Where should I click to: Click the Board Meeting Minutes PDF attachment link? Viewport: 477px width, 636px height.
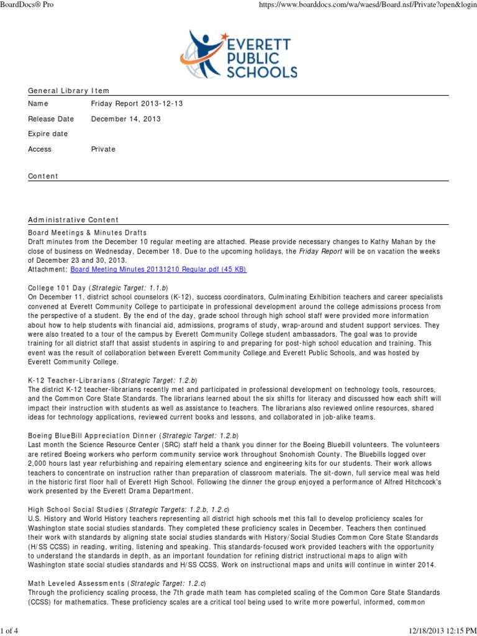[158, 270]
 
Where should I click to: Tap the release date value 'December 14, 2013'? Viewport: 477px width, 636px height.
[125, 119]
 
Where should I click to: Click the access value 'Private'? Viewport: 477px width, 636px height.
[103, 149]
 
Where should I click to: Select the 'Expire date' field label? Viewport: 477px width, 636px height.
[48, 134]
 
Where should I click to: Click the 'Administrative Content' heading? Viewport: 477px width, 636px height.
[73, 220]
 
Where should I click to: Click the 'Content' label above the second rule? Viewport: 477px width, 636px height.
[43, 176]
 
